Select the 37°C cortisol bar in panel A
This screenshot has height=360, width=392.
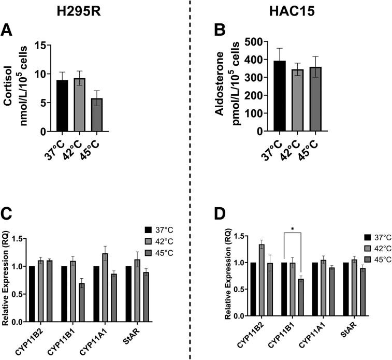[x=62, y=106]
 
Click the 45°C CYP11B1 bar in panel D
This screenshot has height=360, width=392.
[x=301, y=297]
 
